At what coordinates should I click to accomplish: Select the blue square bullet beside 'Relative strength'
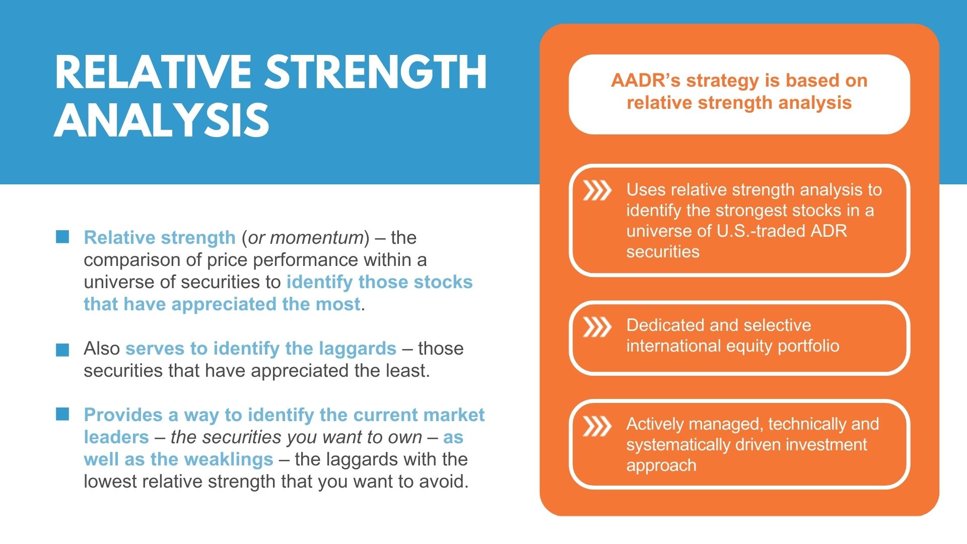62,237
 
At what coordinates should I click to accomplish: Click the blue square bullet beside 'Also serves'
62,350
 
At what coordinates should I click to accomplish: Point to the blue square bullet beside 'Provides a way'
62,414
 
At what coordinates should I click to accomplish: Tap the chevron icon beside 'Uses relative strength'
597,190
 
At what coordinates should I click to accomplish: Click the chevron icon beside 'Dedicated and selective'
597,327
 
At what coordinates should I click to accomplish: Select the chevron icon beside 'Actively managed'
597,426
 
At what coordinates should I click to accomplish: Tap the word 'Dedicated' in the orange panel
664,325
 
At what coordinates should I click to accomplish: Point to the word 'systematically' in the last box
683,445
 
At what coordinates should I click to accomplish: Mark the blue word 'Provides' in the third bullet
123,415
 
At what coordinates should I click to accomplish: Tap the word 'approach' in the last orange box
661,466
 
